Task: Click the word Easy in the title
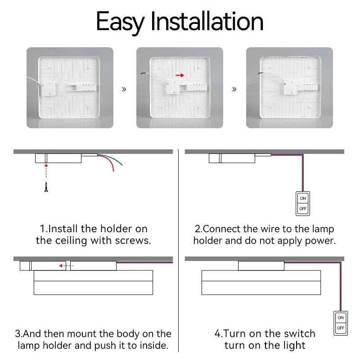(120, 21)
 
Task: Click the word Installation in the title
(207, 21)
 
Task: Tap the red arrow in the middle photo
(180, 76)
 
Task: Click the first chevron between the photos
(124, 89)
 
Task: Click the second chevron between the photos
(234, 89)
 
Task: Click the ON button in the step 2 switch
(303, 198)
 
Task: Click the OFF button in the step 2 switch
(303, 209)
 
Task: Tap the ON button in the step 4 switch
(341, 318)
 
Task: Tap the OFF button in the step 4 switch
(341, 328)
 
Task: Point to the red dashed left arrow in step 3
(66, 266)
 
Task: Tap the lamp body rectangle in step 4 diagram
(261, 283)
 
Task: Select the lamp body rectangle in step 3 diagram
(93, 283)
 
